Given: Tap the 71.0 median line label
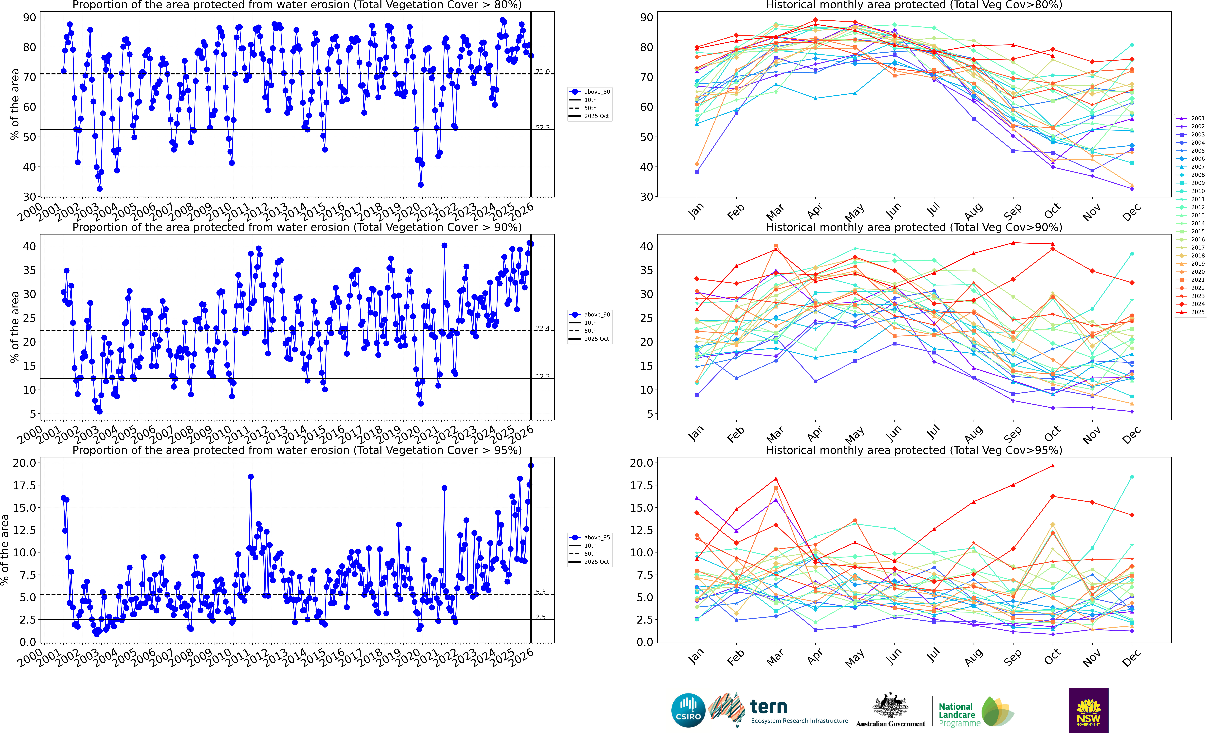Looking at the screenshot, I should click(x=542, y=72).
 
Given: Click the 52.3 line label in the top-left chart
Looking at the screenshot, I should click(x=542, y=127).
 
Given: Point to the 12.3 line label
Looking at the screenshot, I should click(x=542, y=377).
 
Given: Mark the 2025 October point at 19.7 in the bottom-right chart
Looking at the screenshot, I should click(x=1053, y=466).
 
